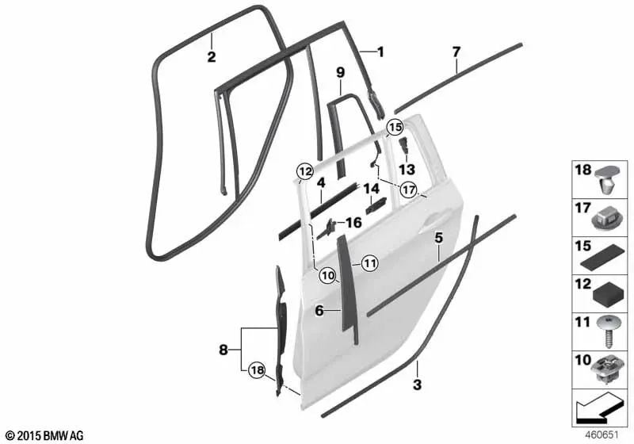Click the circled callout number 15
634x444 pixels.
(395, 128)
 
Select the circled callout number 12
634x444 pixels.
(305, 171)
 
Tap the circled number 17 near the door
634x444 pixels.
(408, 189)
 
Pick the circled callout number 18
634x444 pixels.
(257, 369)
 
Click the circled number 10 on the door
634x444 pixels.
(327, 276)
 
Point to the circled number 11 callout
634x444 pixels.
(369, 264)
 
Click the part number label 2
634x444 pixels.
(212, 57)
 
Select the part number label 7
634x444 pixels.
(456, 52)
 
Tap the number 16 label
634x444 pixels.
(353, 223)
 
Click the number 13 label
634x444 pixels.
(407, 170)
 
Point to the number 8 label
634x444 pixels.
(223, 350)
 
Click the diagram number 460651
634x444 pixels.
(602, 435)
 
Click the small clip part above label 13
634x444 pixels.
(403, 146)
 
